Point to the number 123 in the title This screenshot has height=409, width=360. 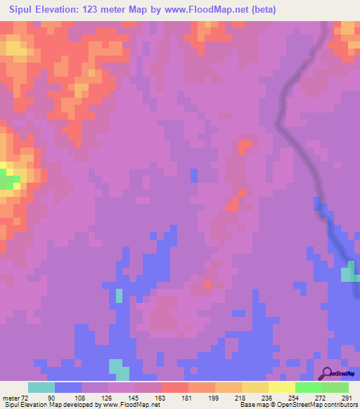point(94,10)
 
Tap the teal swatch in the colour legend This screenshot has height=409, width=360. point(41,387)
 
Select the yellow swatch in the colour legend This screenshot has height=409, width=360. point(281,387)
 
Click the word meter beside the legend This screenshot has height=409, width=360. point(11,397)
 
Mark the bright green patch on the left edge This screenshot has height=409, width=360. point(8,181)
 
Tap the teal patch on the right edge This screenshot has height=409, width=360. point(349,274)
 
